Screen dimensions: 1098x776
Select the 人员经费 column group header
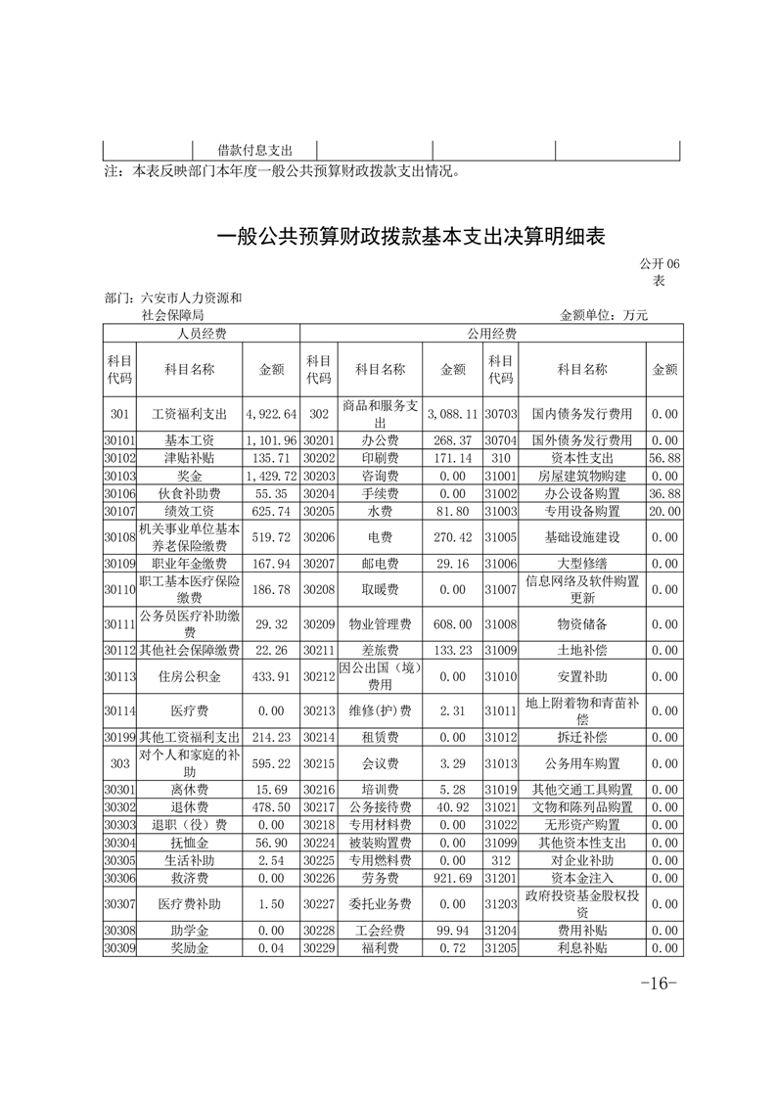point(201,334)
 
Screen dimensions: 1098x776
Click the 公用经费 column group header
point(490,334)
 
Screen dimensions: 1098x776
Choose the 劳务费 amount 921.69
point(453,878)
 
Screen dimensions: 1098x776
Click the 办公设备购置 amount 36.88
point(664,492)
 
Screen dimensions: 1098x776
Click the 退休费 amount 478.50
point(271,807)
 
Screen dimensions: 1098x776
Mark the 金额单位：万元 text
point(603,315)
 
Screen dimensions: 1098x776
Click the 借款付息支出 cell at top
point(254,150)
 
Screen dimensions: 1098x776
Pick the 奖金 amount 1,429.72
point(271,476)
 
